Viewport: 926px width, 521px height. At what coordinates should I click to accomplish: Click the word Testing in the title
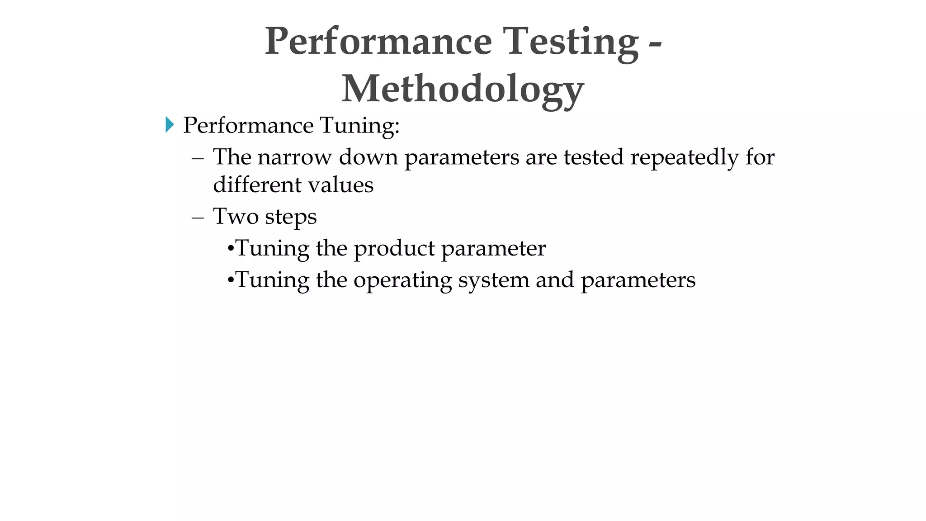click(571, 42)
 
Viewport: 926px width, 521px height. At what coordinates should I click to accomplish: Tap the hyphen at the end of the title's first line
click(655, 44)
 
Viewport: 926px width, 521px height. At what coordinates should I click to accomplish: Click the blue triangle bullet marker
click(170, 124)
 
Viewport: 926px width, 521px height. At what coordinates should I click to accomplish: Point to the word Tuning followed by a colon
click(360, 125)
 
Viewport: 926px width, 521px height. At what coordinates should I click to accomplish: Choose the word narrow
click(295, 157)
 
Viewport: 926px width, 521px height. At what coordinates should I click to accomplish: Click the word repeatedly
click(685, 157)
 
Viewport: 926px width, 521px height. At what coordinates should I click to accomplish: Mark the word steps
click(291, 217)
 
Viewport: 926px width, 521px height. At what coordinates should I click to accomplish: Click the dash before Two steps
click(198, 217)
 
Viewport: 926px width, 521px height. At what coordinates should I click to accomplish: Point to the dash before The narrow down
click(198, 158)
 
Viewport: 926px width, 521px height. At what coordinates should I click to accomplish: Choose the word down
click(368, 157)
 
